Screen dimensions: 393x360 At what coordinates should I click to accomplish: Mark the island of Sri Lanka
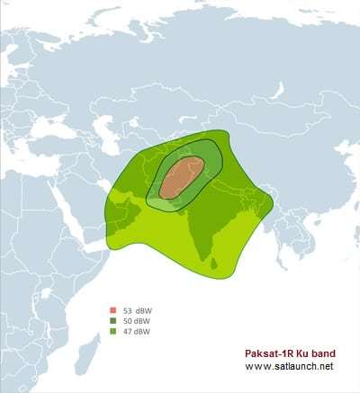pos(214,263)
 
